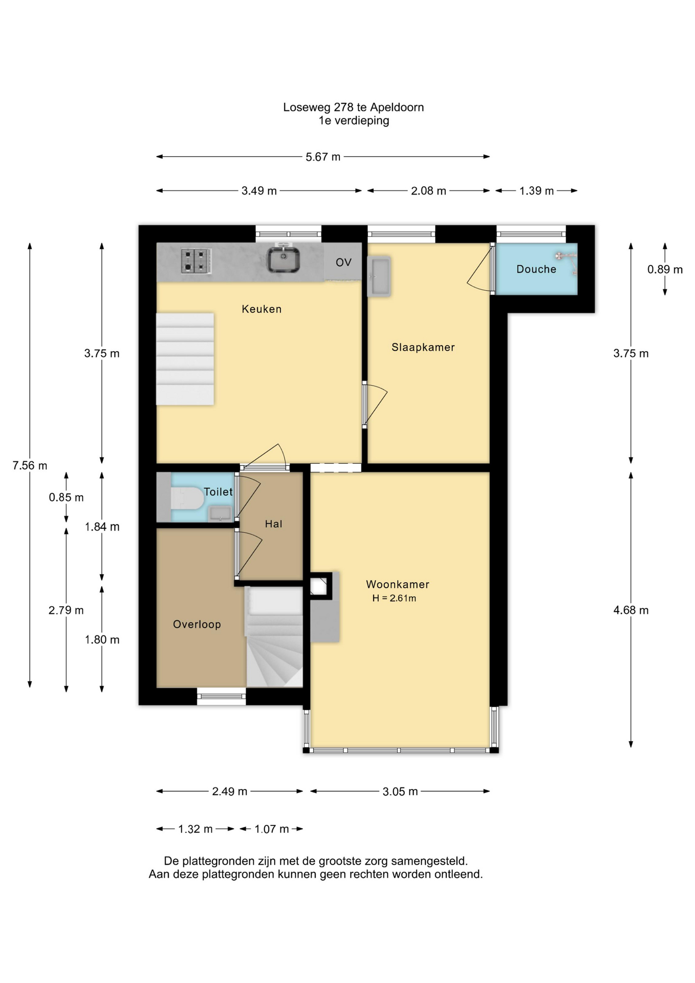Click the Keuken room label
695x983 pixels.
262,309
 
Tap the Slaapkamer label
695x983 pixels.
423,347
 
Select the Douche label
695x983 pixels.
536,269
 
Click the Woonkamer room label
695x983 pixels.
398,584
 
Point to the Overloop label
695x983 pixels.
197,624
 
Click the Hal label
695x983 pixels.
274,524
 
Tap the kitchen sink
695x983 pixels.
283,259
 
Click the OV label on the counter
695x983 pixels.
343,263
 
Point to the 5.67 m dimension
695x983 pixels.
323,157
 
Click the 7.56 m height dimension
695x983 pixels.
30,465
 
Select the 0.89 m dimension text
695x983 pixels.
665,269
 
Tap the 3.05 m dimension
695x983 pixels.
400,792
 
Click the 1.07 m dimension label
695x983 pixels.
272,829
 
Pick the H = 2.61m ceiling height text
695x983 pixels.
394,598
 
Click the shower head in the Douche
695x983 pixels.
559,255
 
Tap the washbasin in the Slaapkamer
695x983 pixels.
379,276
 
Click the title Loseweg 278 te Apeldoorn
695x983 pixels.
354,108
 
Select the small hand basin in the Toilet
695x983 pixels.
221,513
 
